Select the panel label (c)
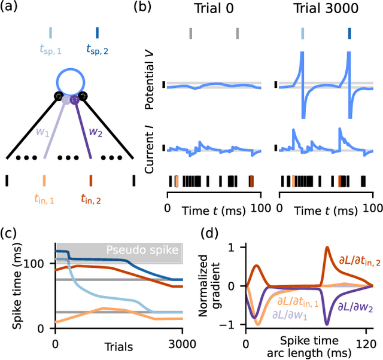click(x=13, y=233)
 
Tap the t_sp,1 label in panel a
click(x=51, y=51)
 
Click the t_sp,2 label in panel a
click(x=98, y=51)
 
